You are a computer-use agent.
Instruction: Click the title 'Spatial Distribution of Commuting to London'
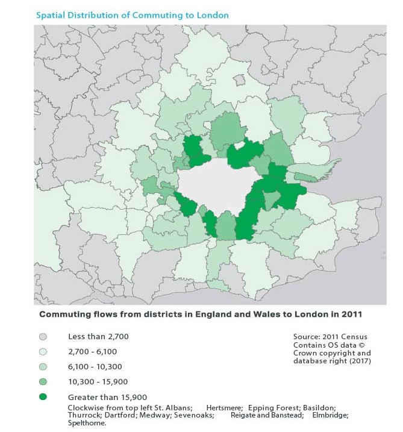click(133, 15)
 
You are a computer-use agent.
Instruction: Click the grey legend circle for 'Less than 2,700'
click(43, 336)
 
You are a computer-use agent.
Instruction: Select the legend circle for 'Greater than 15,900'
click(43, 397)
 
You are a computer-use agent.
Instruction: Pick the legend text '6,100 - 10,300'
click(95, 366)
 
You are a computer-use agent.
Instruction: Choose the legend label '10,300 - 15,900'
click(98, 381)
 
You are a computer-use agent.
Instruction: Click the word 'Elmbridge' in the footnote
click(330, 415)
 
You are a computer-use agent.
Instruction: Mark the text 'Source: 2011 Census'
click(330, 336)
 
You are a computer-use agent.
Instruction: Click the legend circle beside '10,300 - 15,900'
click(43, 381)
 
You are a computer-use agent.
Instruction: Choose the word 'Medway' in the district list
click(152, 415)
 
